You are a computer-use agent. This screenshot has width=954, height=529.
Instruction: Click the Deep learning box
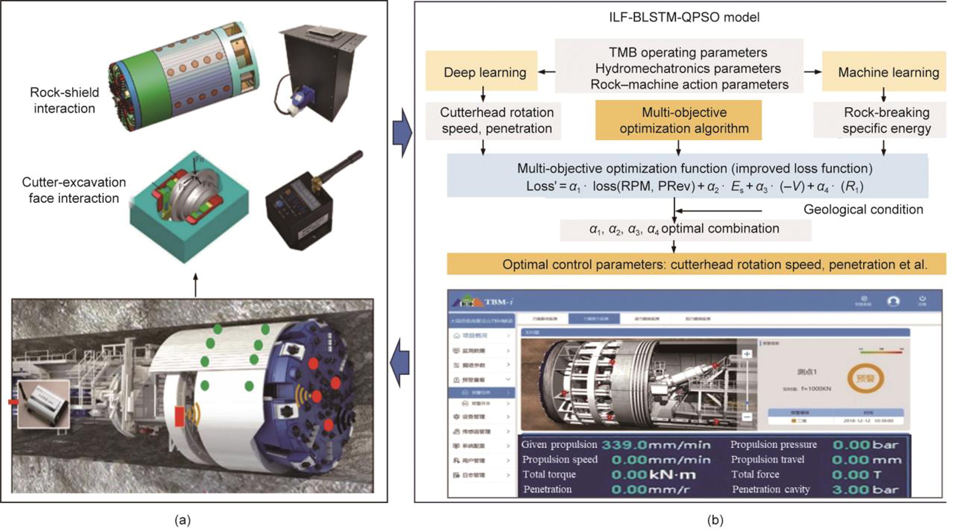[481, 71]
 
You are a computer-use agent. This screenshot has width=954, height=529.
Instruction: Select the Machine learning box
[884, 71]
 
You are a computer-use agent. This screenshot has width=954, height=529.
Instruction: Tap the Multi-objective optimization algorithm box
[679, 120]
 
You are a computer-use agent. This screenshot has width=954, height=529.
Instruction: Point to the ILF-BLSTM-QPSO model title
[684, 17]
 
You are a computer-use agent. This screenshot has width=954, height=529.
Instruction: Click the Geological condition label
[863, 210]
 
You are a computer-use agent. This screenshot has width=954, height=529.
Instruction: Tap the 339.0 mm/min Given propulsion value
[656, 444]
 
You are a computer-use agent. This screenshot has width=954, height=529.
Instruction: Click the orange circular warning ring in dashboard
[866, 378]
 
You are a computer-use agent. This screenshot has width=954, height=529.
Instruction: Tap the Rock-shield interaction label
[64, 100]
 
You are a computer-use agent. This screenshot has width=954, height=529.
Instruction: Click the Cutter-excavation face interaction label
[74, 190]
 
